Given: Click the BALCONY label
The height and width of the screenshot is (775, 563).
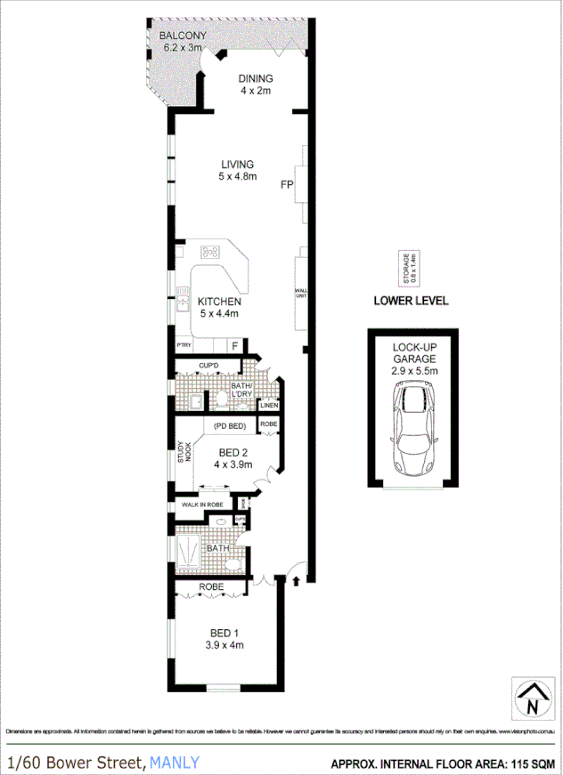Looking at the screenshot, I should [182, 36].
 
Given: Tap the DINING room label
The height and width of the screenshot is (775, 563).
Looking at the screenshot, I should [255, 78].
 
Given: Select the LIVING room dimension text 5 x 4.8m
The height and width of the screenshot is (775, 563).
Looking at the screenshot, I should [237, 176].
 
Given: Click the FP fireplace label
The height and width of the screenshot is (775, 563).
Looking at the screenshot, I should [286, 186].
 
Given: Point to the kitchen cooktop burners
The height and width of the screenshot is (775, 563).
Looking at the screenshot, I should [211, 252].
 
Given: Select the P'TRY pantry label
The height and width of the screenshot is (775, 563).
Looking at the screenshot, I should [184, 345].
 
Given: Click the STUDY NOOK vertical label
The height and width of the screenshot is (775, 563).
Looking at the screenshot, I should [184, 453].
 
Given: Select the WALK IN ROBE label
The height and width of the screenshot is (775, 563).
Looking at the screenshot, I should [201, 505].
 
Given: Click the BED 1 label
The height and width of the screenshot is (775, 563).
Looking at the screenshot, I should [224, 633].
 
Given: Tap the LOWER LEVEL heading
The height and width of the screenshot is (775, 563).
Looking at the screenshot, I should [410, 301].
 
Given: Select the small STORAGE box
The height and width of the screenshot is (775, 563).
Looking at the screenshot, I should [411, 267].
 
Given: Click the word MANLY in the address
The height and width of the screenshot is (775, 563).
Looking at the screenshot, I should [175, 763].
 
